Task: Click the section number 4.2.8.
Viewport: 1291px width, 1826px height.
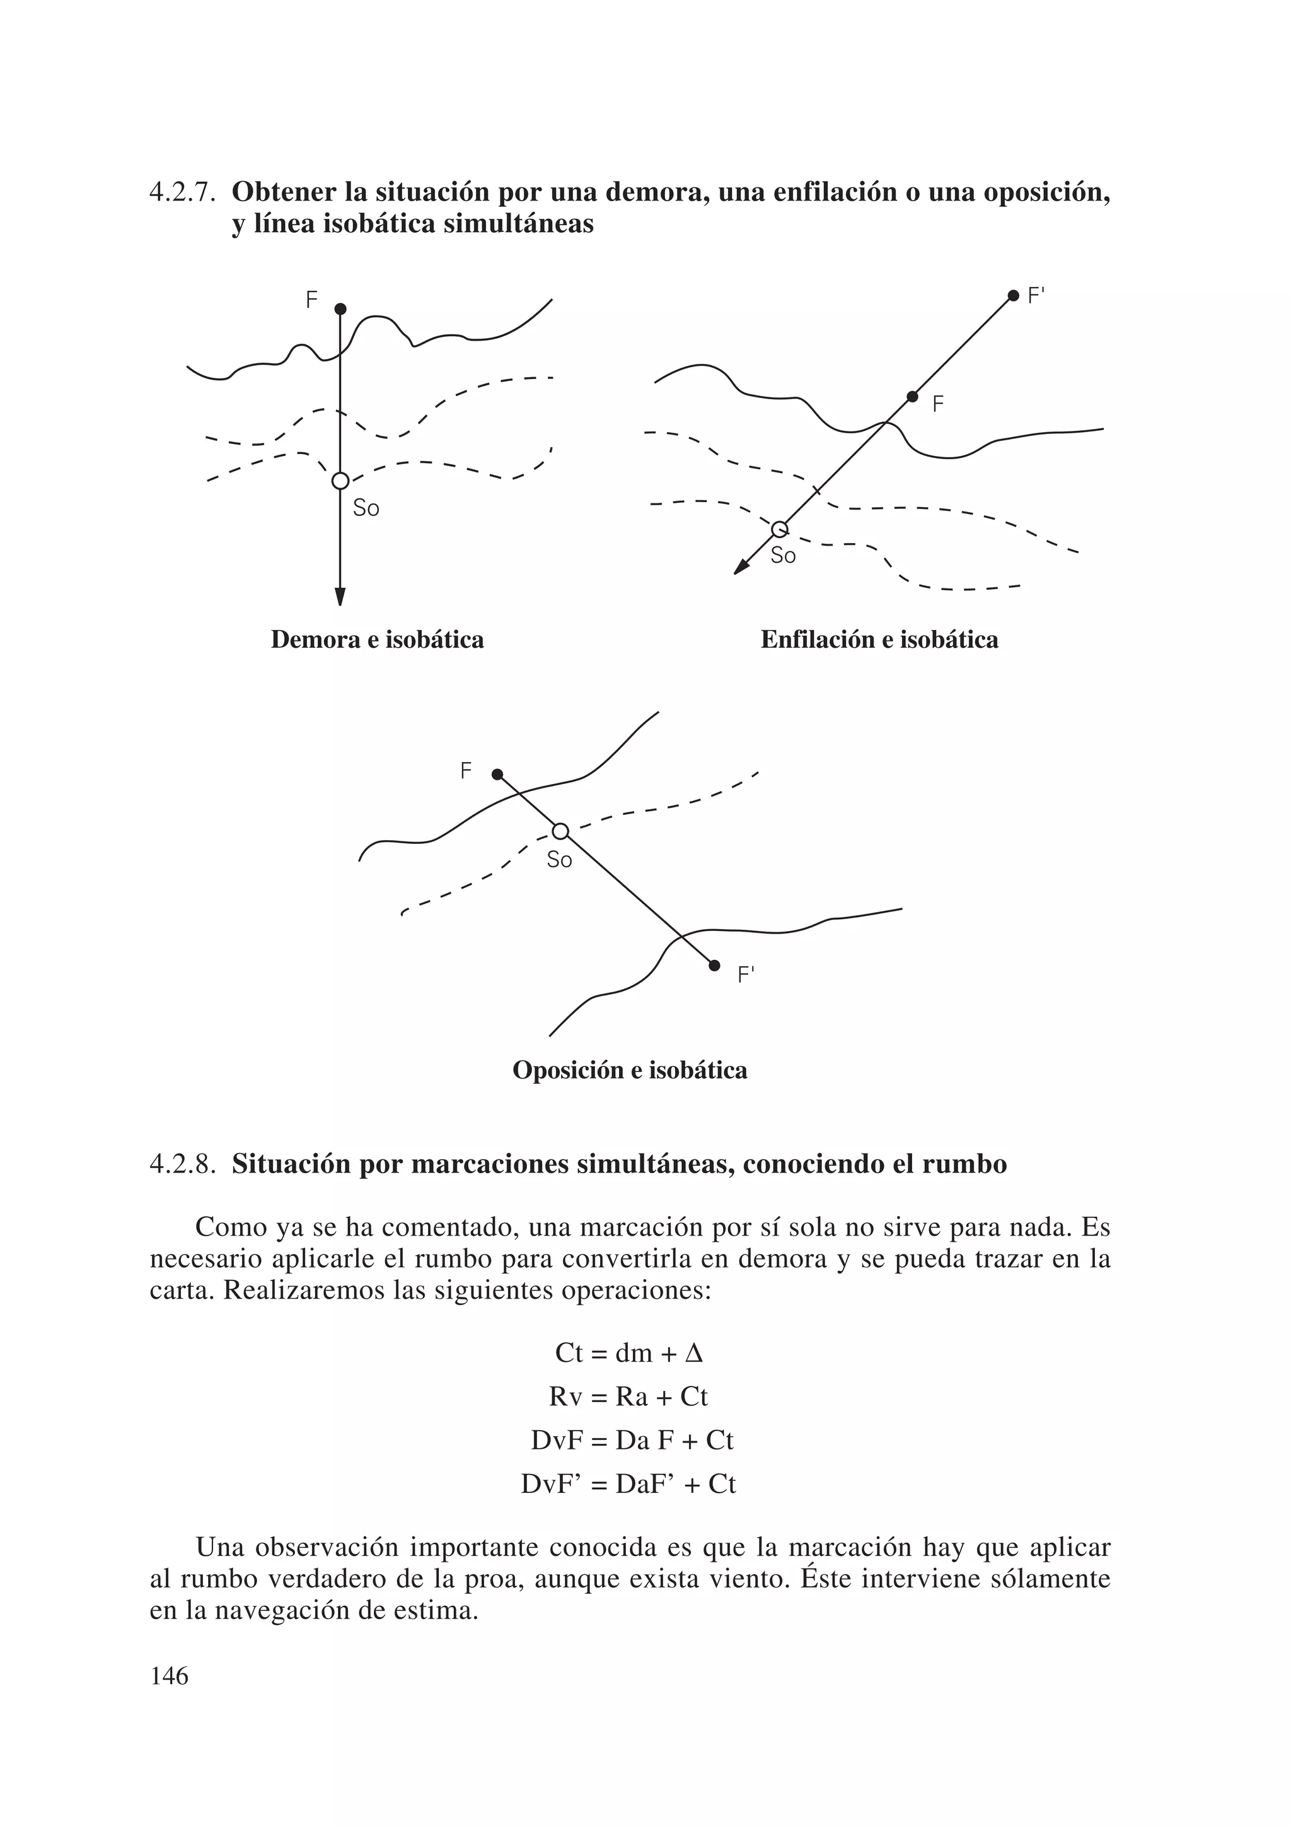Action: tap(183, 1164)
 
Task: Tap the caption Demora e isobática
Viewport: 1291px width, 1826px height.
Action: tap(377, 640)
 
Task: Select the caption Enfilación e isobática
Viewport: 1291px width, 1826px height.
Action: tap(879, 640)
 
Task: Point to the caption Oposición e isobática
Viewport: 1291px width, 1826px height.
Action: tap(630, 1070)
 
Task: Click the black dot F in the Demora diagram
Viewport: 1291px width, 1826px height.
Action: tap(340, 308)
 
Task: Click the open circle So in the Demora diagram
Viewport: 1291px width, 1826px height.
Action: tap(340, 481)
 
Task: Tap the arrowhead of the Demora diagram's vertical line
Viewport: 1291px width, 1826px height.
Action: tap(340, 597)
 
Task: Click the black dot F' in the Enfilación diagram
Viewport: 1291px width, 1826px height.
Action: tap(1013, 296)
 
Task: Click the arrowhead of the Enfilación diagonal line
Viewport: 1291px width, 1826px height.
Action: tap(741, 566)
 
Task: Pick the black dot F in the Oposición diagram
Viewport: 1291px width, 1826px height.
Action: tap(497, 775)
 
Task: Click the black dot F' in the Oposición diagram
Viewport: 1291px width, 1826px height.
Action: tap(714, 966)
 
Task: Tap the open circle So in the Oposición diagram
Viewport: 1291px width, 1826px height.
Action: tap(560, 831)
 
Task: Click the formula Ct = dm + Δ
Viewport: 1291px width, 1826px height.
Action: tap(629, 1353)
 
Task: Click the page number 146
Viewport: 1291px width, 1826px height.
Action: tap(170, 1676)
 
